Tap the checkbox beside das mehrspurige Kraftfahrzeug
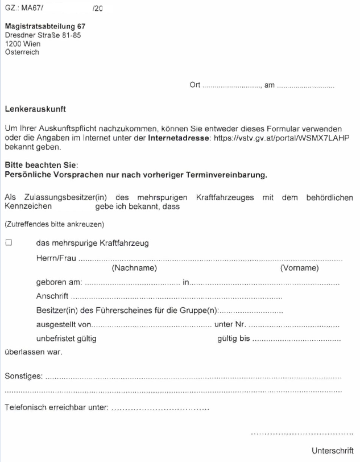9,243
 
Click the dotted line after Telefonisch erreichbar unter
160,409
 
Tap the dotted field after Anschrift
176,296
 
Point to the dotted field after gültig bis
297,339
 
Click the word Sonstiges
23,377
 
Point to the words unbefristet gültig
67,339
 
